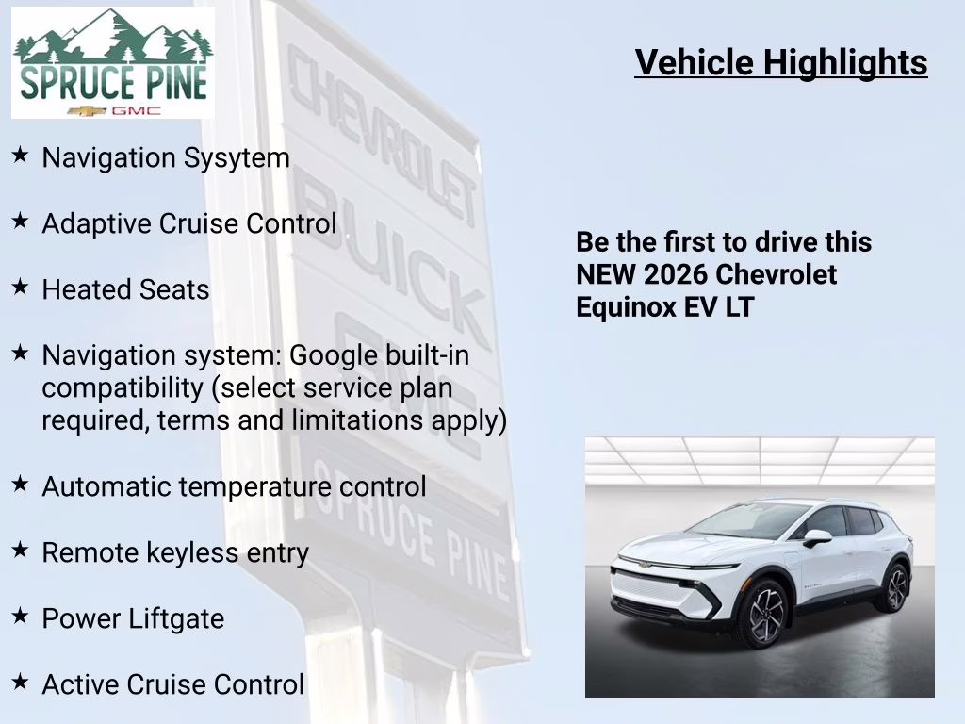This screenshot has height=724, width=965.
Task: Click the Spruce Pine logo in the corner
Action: pos(112,63)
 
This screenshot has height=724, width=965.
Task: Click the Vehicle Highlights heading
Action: pos(781,62)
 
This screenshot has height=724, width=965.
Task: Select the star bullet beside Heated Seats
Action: pos(20,288)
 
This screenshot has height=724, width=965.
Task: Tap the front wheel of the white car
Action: pos(764,614)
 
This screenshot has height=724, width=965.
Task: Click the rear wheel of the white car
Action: pos(892,587)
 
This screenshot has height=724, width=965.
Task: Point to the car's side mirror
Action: pos(816,537)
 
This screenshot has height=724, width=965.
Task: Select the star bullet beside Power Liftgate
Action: pos(20,617)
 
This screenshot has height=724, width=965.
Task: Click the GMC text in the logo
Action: pos(136,110)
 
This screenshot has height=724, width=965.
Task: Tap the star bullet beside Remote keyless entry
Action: pos(20,551)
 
